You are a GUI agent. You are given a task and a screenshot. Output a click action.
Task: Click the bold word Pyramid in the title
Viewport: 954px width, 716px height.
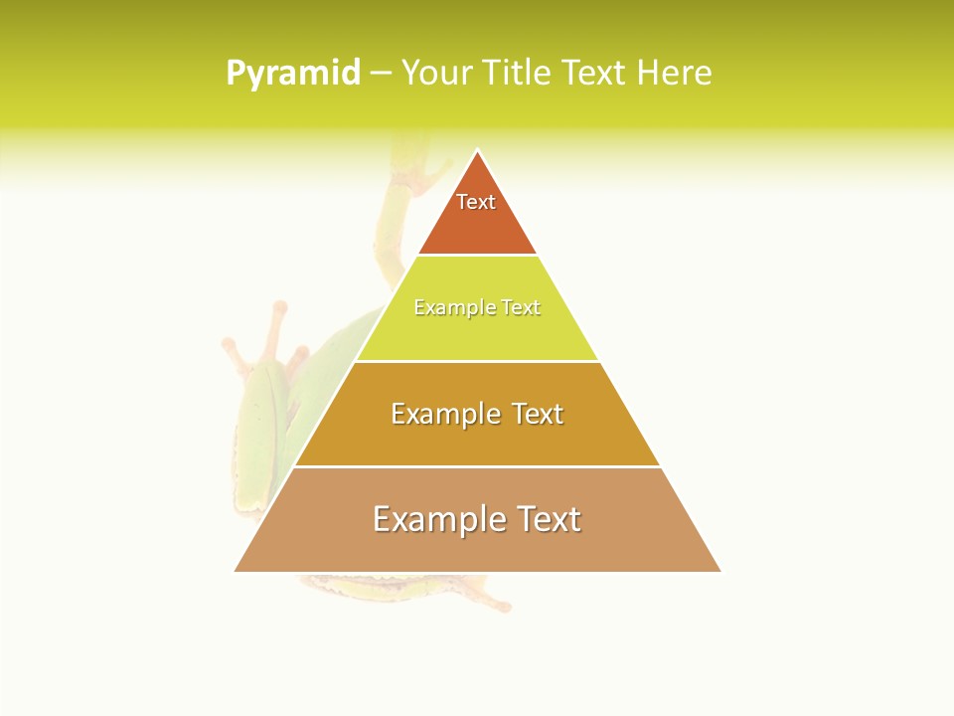[x=292, y=74]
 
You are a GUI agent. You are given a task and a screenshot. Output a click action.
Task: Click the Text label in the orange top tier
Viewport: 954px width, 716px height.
[x=476, y=202]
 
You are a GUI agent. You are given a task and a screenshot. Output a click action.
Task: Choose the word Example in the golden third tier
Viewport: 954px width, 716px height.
[x=442, y=414]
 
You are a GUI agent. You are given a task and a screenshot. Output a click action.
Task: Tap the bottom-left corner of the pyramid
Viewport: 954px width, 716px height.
[x=236, y=571]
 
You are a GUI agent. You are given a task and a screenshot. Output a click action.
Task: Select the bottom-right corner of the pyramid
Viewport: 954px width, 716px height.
[x=719, y=571]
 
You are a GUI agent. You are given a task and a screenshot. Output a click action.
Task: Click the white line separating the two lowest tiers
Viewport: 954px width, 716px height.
[x=477, y=466]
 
